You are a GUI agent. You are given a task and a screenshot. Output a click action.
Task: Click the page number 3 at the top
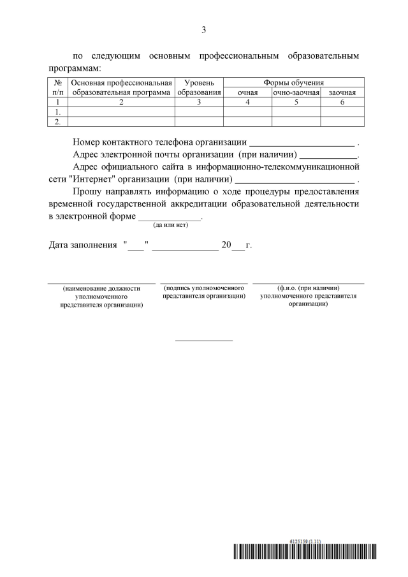click(x=204, y=29)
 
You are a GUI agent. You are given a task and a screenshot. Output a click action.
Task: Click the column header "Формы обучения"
click(x=294, y=83)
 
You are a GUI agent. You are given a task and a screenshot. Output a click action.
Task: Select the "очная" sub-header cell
click(x=247, y=92)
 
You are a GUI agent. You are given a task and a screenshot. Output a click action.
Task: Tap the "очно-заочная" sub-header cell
click(x=296, y=92)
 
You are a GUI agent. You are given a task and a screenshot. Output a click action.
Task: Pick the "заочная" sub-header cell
click(x=342, y=92)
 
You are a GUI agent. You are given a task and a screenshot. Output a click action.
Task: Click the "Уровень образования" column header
click(x=199, y=88)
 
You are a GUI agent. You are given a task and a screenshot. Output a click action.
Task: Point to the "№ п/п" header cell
click(x=57, y=88)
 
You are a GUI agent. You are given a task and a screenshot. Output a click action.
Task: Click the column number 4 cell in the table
click(x=247, y=102)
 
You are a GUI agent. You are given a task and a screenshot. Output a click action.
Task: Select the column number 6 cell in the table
click(x=342, y=102)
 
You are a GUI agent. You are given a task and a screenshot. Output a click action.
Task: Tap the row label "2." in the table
click(x=57, y=121)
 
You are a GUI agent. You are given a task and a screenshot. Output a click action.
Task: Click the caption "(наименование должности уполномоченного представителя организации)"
click(x=101, y=296)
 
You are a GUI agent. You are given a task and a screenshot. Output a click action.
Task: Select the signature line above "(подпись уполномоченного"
click(x=204, y=282)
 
